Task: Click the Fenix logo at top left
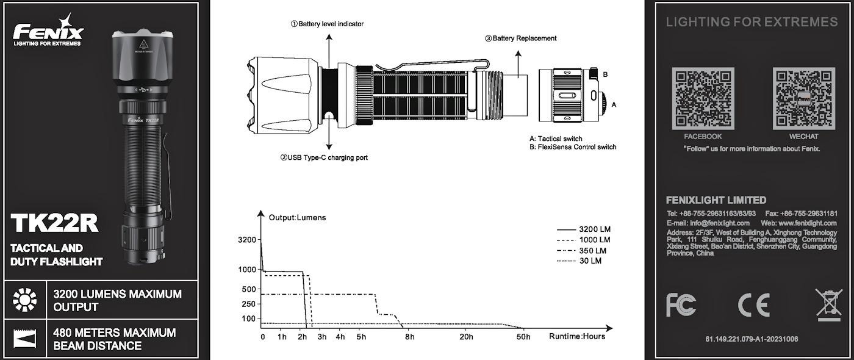48,31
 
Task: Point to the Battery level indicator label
327,24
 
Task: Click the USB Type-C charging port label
324,157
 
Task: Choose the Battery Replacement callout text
521,38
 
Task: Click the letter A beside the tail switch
614,104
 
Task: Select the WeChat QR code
803,99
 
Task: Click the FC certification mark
681,304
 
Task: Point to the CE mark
753,304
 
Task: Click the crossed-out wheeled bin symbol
828,304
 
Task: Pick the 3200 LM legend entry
584,229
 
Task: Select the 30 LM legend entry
579,261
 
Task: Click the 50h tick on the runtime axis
523,337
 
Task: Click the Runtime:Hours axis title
576,337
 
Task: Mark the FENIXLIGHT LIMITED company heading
716,200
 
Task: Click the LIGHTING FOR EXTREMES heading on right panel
752,23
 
